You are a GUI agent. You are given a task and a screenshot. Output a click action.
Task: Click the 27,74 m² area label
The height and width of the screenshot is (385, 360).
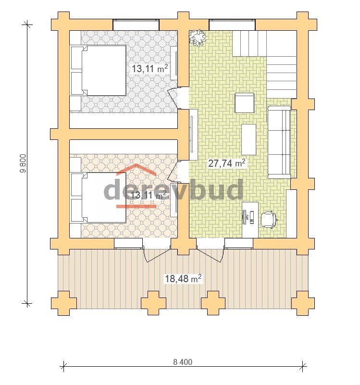(x=227, y=163)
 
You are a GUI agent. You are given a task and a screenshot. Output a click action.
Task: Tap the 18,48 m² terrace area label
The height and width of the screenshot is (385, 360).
(x=183, y=278)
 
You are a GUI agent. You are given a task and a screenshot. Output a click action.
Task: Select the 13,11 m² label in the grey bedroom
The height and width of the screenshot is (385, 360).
(x=150, y=69)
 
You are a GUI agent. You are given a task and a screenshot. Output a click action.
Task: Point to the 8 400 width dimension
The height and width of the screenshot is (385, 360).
(x=183, y=362)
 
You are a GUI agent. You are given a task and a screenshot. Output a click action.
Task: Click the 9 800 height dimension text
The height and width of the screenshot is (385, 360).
(x=24, y=163)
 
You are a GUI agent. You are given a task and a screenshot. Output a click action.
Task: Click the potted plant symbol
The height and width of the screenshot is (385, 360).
(x=197, y=38)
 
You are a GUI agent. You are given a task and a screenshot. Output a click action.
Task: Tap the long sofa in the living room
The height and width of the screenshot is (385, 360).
(x=279, y=142)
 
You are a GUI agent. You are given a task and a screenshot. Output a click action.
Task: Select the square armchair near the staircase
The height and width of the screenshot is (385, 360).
(x=245, y=103)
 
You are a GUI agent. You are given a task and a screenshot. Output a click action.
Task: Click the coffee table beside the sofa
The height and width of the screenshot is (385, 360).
(x=249, y=139)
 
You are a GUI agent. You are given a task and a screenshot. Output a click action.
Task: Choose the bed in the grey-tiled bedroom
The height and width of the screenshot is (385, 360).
(x=99, y=70)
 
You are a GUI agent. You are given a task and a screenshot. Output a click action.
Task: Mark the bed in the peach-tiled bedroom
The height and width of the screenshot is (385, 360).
(x=99, y=198)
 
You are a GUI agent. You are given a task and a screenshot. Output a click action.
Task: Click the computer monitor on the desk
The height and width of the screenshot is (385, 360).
(x=244, y=217)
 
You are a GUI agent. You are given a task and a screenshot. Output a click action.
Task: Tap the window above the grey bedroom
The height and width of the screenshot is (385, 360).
(x=136, y=25)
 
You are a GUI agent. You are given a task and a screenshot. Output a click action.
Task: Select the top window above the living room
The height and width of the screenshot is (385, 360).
(x=232, y=25)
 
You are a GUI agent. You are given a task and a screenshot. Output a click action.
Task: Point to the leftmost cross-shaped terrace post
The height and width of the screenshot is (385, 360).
(x=63, y=303)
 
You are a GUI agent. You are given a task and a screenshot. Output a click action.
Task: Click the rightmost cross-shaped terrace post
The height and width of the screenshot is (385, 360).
(x=303, y=303)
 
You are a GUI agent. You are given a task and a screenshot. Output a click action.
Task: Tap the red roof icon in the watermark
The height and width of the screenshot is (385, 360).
(x=136, y=170)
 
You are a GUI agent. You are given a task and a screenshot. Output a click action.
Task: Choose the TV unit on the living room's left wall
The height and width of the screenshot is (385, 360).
(x=194, y=135)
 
